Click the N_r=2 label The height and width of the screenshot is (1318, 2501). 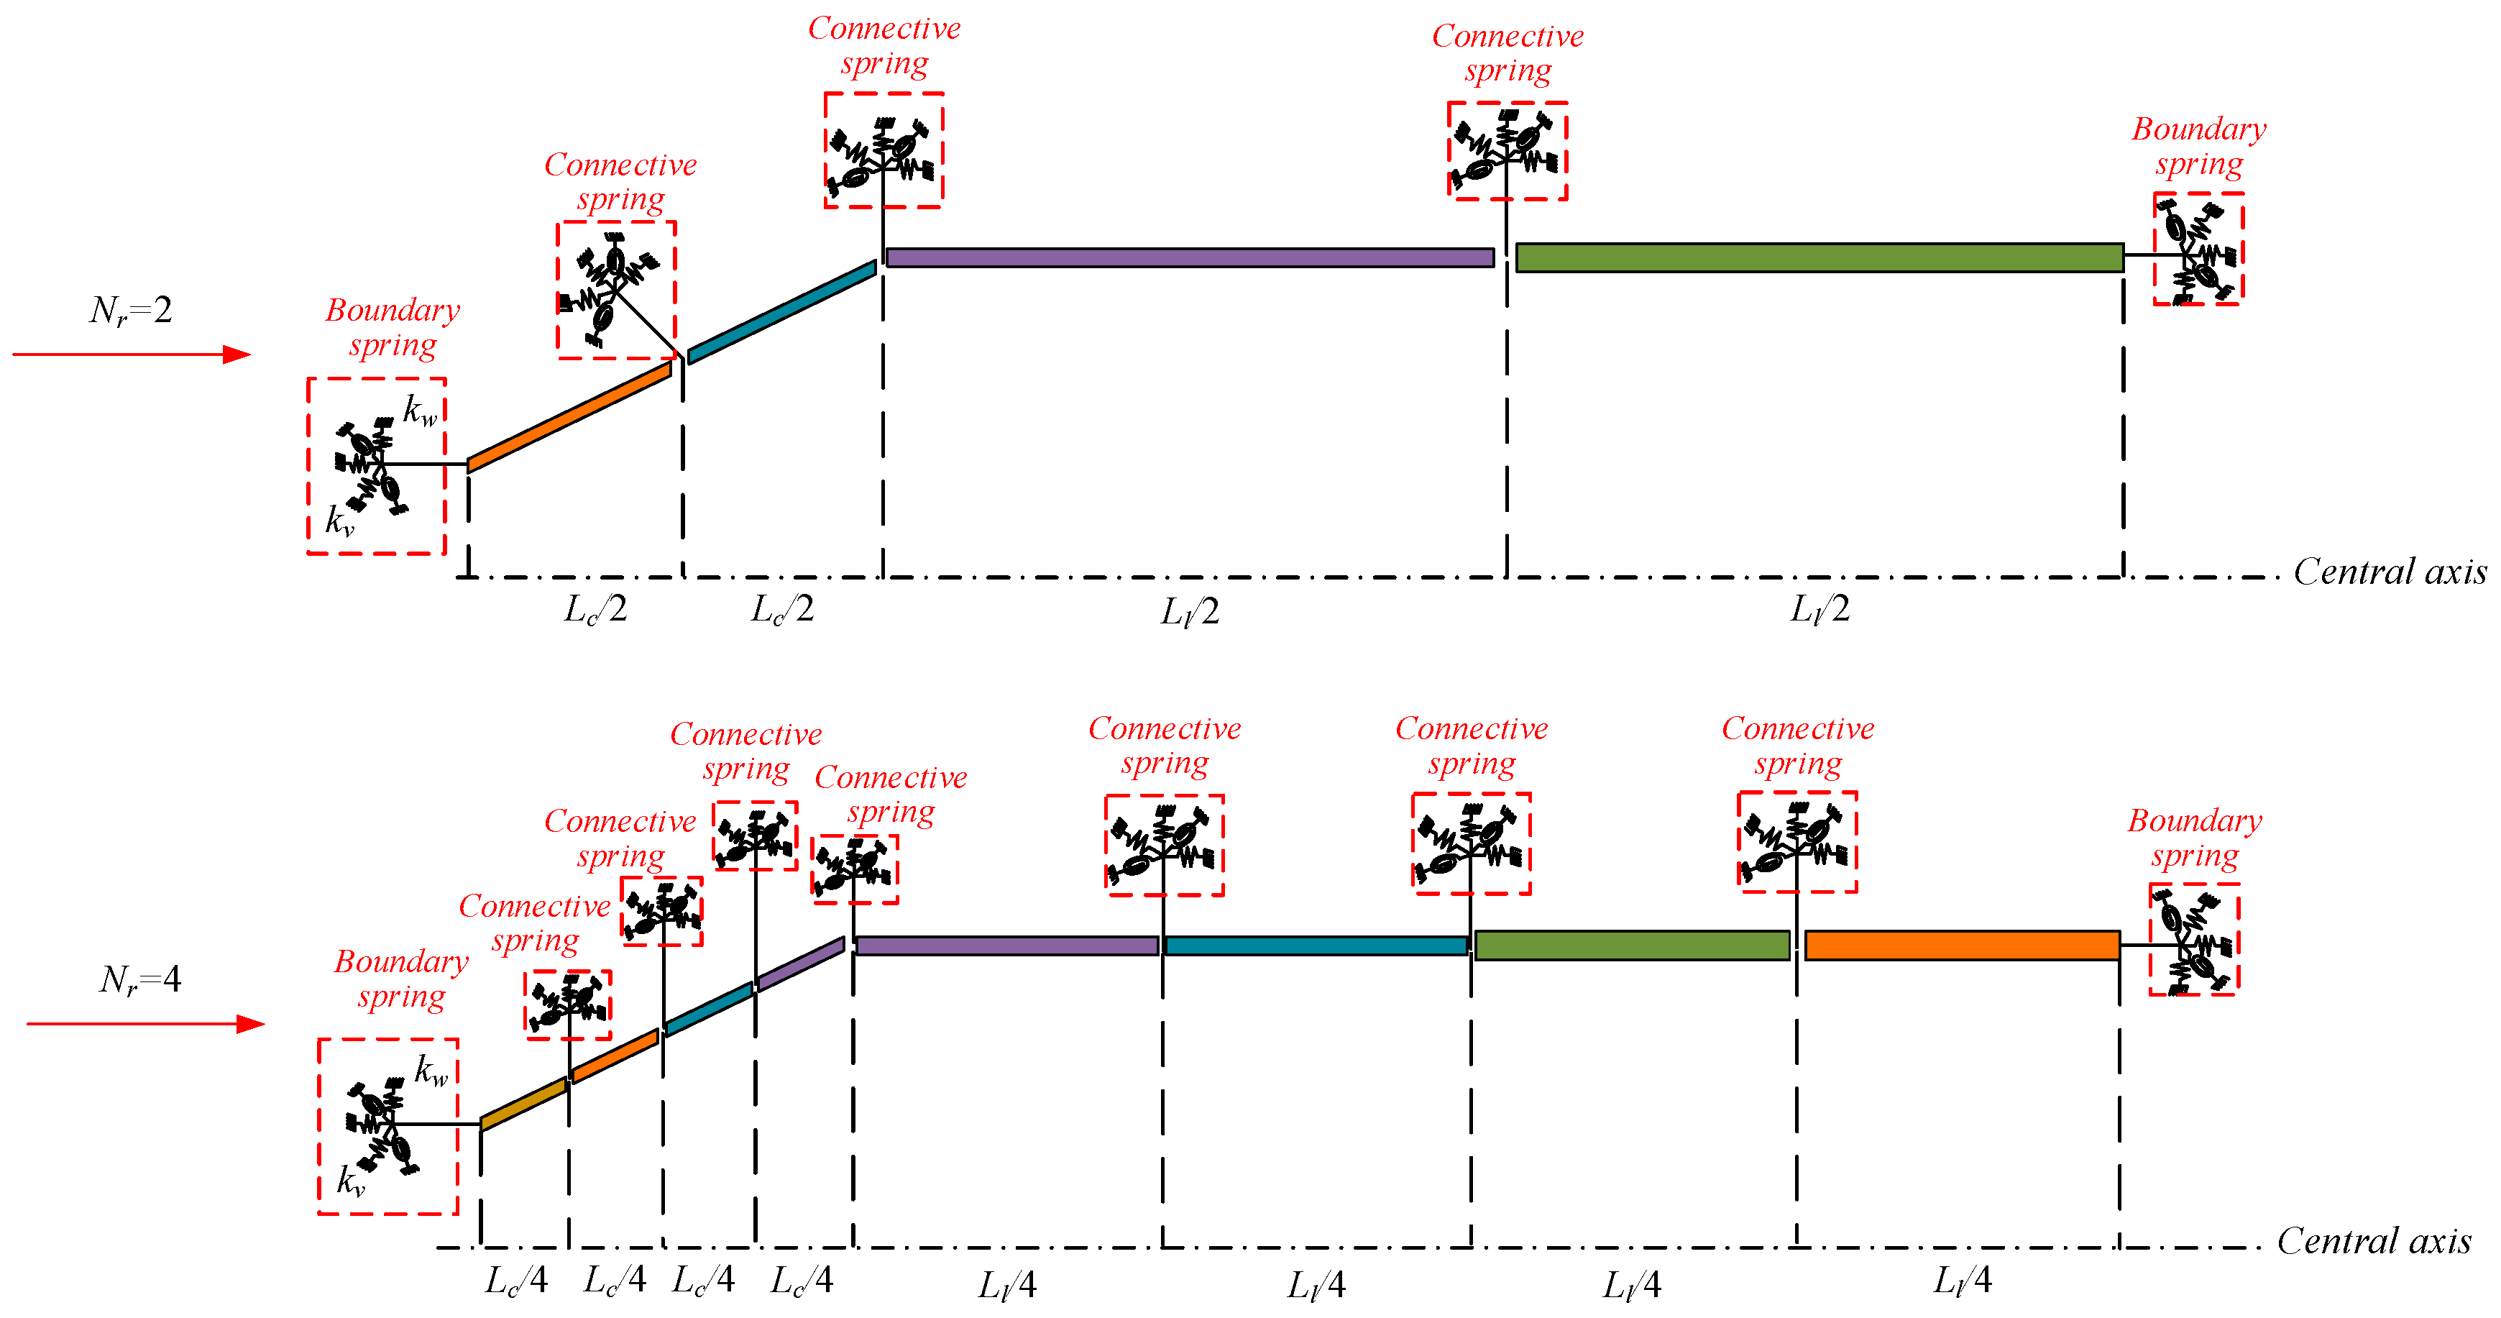point(130,311)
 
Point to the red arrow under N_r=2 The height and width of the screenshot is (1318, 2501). point(131,354)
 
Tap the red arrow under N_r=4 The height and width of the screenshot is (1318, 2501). point(146,1024)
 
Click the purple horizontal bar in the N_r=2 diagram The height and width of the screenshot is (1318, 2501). point(1189,257)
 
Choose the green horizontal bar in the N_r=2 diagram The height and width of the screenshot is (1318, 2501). point(1819,257)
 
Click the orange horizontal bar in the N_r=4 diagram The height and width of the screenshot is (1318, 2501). point(1961,945)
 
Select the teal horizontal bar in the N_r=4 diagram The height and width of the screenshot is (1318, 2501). point(1316,945)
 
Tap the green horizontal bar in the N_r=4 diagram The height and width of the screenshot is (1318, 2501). point(1631,945)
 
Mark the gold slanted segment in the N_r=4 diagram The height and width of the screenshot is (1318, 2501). point(523,1104)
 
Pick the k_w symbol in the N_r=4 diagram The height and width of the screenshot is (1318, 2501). point(431,1071)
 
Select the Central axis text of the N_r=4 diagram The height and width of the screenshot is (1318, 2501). point(2374,1241)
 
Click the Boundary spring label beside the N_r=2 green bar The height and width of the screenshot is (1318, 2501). point(2199,147)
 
